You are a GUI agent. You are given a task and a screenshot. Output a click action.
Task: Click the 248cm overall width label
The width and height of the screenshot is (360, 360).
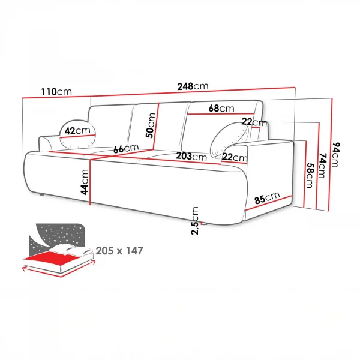193,86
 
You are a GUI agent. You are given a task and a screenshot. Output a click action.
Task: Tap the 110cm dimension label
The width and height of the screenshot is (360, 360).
56,92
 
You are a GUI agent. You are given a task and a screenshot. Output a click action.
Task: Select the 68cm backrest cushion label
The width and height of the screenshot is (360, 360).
221,108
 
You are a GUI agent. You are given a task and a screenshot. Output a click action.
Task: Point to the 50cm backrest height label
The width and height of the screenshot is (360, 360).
151,125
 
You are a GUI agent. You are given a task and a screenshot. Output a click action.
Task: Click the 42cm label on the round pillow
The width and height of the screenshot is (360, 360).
77,131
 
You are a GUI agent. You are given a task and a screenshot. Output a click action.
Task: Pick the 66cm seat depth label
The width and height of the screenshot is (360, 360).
126,149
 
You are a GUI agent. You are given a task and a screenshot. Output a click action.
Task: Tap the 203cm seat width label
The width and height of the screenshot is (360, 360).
191,157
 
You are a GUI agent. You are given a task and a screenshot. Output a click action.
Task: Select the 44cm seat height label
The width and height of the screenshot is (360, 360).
85,182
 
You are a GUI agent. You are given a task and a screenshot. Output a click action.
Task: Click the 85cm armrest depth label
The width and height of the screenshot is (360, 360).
267,197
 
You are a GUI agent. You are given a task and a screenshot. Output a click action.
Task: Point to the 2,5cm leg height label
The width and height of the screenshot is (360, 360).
194,221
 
